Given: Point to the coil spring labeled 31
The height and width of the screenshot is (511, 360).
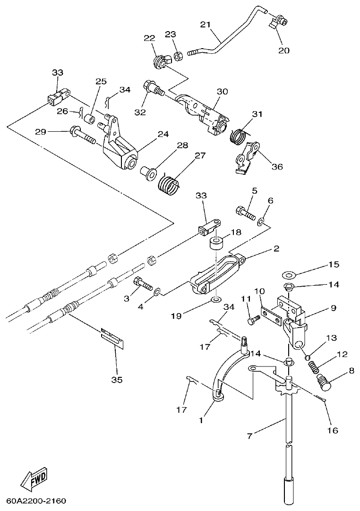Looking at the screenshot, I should tap(238, 135).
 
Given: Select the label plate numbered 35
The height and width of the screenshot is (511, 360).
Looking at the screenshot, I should tap(113, 337).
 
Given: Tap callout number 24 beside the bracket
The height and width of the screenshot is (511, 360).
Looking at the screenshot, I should tap(163, 134).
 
